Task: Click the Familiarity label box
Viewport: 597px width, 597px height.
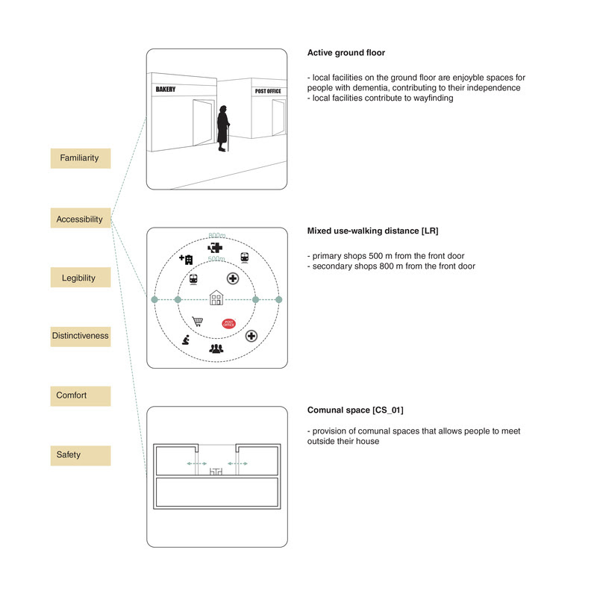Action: (x=80, y=158)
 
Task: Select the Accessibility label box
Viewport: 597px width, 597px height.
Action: (x=80, y=219)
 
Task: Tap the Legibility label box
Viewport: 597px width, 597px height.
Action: (x=80, y=278)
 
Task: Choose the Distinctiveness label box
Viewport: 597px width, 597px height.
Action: (x=80, y=336)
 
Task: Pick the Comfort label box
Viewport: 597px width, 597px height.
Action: (x=80, y=396)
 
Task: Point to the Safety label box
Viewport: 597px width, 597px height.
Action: (x=80, y=454)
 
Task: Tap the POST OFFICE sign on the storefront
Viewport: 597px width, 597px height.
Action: (x=269, y=91)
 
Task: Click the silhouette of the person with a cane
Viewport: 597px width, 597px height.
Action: (x=222, y=128)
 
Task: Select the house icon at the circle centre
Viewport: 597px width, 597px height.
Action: (x=216, y=298)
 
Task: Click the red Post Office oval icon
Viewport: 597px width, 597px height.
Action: (x=230, y=323)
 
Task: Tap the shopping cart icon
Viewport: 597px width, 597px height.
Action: (x=198, y=322)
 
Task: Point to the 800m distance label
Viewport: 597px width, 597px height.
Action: (x=216, y=237)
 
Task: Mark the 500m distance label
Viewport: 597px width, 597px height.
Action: (x=216, y=259)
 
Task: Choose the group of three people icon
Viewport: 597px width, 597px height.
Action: (x=216, y=348)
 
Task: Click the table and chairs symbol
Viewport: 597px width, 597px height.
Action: (x=217, y=471)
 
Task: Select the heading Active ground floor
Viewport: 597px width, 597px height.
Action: (x=346, y=53)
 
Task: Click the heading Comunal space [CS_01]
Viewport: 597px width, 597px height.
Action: (x=355, y=410)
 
